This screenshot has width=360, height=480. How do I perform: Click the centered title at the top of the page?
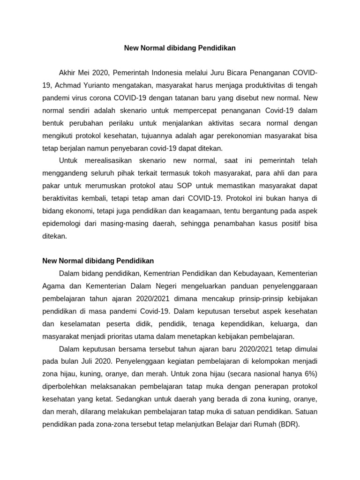click(180, 48)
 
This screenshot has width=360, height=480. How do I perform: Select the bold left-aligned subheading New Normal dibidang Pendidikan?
click(98, 261)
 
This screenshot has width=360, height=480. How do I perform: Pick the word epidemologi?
click(62, 224)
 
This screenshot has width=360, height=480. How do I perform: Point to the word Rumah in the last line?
click(265, 424)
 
